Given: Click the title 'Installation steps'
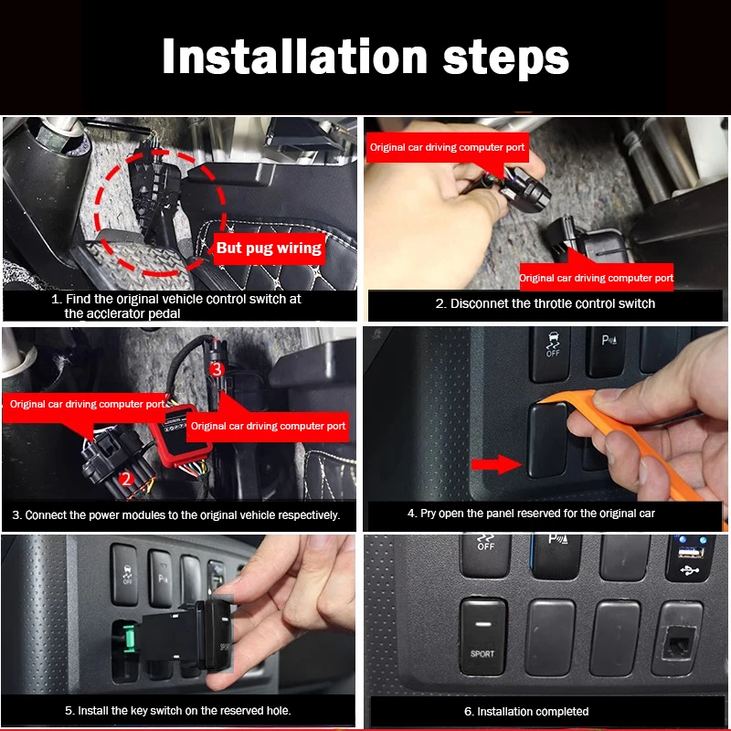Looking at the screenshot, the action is [x=365, y=57].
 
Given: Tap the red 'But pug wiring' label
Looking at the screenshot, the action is [x=269, y=249].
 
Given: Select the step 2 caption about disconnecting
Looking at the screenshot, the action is [x=545, y=303].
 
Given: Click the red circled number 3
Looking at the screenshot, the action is [x=217, y=370].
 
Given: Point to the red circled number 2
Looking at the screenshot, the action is [x=126, y=479].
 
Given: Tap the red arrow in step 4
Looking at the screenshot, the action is [x=496, y=464].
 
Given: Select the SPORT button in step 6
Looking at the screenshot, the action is [x=483, y=636].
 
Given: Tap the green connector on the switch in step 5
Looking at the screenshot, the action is [x=129, y=639].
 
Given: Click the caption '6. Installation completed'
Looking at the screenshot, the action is [x=526, y=712].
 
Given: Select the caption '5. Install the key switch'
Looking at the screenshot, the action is [x=177, y=711].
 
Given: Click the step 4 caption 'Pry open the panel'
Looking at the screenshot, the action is [x=531, y=514].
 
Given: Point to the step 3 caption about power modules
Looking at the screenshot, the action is [x=176, y=515].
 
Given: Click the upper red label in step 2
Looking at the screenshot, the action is [x=447, y=147].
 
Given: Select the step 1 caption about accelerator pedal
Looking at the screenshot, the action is [x=176, y=306].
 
